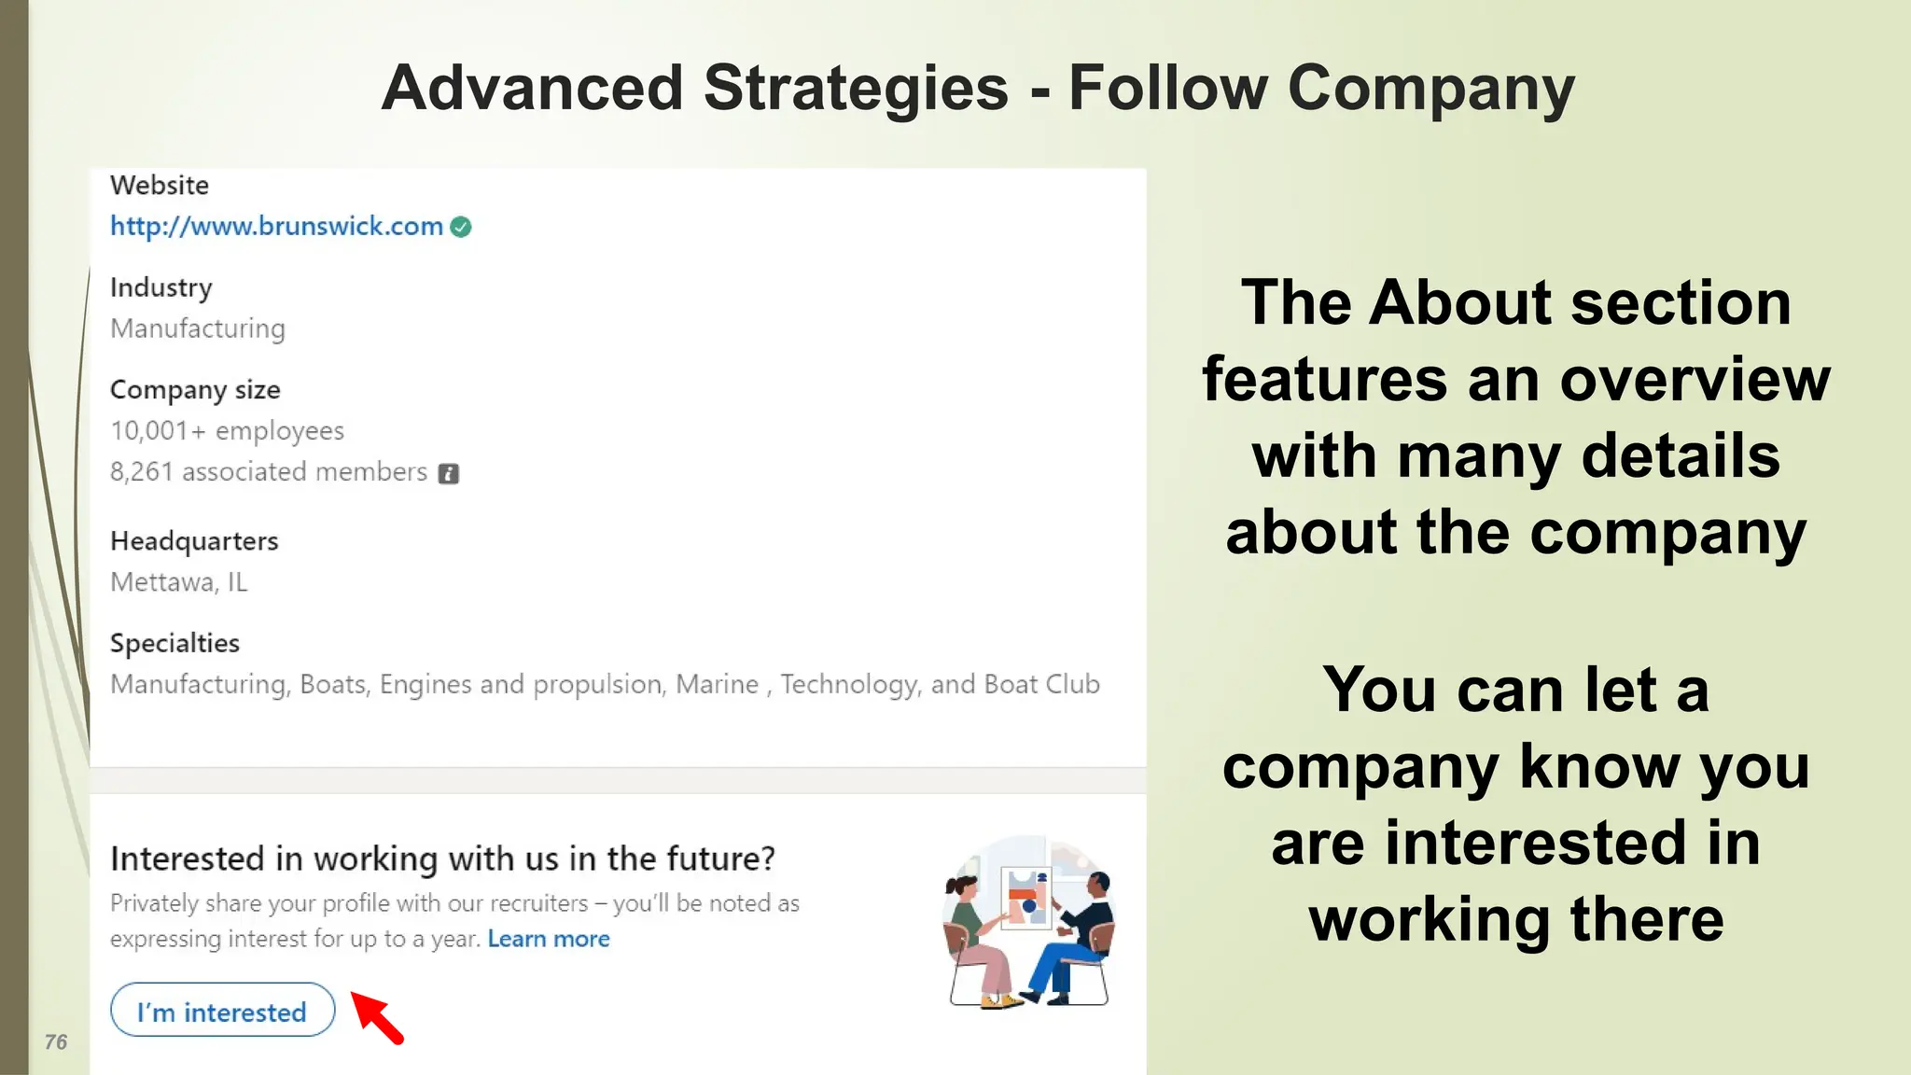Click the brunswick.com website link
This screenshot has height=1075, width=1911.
[276, 227]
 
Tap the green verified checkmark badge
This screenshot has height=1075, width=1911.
[461, 227]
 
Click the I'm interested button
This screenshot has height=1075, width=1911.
[222, 1012]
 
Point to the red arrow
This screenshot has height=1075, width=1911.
[378, 1017]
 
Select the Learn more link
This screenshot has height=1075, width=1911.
[549, 939]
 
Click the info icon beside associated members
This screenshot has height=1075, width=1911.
[449, 474]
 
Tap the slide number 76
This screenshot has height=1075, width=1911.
[56, 1042]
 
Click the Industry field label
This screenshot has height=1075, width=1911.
[161, 287]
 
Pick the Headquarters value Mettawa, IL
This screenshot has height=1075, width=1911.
[179, 582]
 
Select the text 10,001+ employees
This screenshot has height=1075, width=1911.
[227, 431]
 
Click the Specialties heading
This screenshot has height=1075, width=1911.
[174, 643]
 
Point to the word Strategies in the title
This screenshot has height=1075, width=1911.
[856, 89]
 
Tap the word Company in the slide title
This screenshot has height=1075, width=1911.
[1431, 89]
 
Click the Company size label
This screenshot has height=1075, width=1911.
[195, 390]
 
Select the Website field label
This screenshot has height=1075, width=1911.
[160, 185]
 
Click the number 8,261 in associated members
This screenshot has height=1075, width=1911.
[142, 472]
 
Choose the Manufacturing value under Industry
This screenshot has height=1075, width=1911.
[198, 328]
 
